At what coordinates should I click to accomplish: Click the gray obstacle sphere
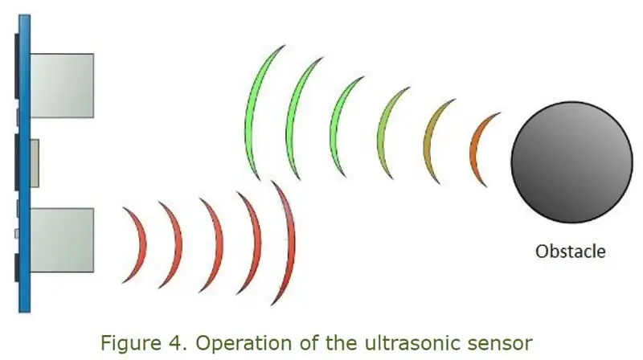571,162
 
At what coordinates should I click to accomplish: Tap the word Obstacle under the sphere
571,252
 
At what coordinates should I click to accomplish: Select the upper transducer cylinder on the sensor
62,86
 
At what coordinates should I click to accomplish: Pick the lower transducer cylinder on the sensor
62,240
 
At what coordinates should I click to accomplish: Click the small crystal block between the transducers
35,163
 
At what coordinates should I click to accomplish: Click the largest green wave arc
250,111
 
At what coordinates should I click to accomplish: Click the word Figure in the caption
131,343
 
